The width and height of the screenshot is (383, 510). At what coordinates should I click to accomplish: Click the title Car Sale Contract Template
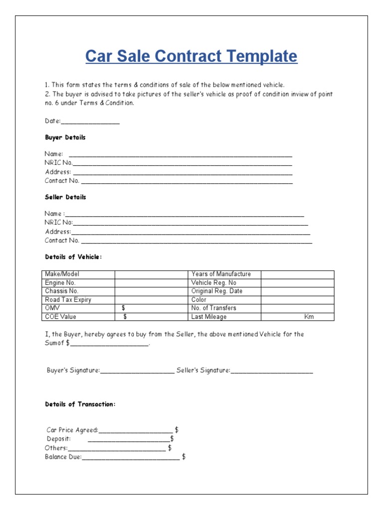191,56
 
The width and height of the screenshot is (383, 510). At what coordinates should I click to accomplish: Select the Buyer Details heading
65,137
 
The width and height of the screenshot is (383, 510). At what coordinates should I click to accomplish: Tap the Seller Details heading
65,197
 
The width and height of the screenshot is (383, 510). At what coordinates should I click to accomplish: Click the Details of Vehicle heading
73,257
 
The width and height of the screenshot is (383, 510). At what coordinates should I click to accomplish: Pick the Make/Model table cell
62,274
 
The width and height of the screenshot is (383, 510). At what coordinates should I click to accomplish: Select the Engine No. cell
60,282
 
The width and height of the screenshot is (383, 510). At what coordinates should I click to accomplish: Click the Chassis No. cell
62,291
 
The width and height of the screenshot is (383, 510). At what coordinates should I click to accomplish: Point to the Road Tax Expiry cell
68,300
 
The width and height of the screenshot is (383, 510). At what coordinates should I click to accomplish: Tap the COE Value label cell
61,317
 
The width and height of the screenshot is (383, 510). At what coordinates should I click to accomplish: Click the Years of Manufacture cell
221,274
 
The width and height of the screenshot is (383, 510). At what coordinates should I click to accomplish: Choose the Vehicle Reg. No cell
214,282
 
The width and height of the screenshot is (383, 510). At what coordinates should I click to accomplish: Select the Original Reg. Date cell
217,291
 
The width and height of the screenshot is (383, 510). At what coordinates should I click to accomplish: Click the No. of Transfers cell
213,308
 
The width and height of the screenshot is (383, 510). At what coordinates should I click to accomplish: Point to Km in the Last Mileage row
309,317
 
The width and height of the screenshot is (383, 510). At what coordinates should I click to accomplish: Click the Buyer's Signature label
73,371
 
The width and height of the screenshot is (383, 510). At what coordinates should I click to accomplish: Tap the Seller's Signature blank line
272,371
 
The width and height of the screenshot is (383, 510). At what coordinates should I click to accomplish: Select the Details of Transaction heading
80,404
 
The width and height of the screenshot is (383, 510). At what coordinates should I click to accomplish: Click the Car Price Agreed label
72,430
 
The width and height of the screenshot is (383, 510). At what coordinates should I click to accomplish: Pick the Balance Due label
63,457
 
